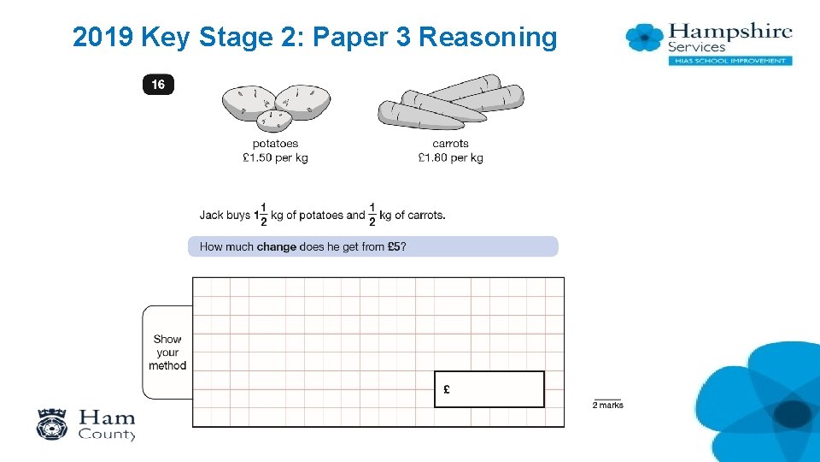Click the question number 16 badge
158,85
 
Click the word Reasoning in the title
488,38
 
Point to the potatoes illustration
275,104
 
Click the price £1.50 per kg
275,157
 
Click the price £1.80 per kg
450,157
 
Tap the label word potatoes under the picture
275,144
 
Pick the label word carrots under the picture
450,144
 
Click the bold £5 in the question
394,247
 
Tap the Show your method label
167,352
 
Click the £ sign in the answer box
447,390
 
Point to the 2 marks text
607,406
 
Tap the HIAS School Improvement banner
729,61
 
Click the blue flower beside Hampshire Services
645,37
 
